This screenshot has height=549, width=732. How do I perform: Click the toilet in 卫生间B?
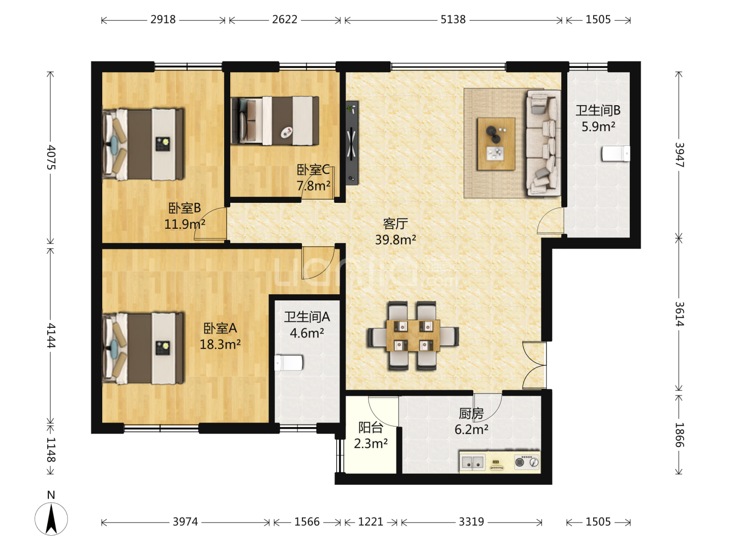tap(616, 154)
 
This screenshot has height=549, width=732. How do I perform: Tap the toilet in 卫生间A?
tap(288, 362)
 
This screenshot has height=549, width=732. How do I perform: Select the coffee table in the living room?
tap(496, 144)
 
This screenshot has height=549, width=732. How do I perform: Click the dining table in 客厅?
tap(413, 335)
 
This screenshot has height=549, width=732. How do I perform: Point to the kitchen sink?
tap(473, 462)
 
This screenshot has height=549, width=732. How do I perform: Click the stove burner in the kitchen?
tap(527, 462)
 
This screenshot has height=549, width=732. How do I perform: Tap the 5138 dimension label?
tap(453, 20)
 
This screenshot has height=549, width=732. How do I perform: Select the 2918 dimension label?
tap(163, 20)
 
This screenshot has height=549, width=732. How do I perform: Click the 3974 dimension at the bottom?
tap(185, 522)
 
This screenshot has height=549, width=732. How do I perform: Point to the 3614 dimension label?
tap(679, 314)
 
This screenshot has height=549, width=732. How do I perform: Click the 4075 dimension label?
tap(51, 157)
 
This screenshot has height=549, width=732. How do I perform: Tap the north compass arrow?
tap(51, 518)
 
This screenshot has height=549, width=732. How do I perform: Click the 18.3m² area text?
tap(220, 344)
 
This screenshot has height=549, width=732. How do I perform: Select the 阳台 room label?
tap(371, 428)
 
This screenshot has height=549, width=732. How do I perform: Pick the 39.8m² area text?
tap(395, 239)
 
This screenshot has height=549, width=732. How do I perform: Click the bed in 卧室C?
tap(275, 120)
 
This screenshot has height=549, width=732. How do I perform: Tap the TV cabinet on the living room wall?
tap(352, 143)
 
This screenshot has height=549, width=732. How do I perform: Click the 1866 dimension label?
tap(679, 435)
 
